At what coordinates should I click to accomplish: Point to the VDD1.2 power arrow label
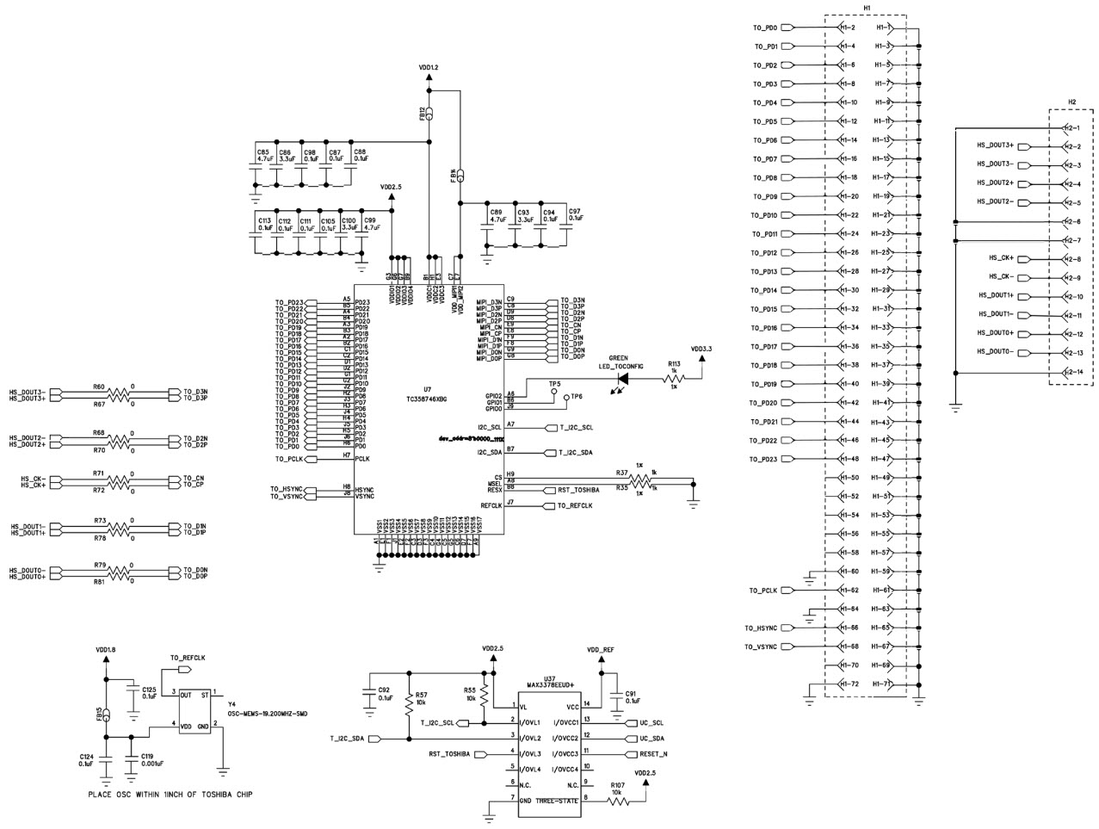coord(429,67)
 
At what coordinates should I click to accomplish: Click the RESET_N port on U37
coord(654,754)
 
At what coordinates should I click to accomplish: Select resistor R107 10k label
coord(617,791)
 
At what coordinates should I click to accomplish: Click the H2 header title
coord(1071,102)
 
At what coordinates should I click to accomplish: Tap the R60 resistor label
coord(99,387)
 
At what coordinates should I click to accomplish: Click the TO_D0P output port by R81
coord(194,578)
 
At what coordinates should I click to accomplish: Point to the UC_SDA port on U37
coord(653,738)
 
